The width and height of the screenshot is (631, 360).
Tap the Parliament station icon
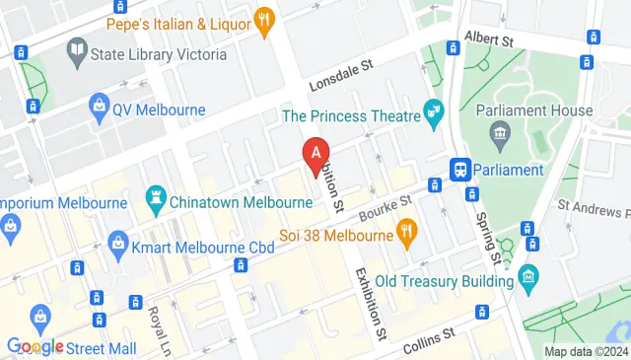(x=459, y=170)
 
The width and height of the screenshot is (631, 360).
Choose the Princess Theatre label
(x=349, y=115)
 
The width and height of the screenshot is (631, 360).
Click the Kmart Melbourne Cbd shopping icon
(x=118, y=242)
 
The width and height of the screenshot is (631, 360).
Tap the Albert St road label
(x=493, y=41)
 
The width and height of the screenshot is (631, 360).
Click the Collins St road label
(x=428, y=341)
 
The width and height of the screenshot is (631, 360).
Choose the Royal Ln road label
(x=159, y=329)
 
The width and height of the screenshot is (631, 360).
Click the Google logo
(x=35, y=346)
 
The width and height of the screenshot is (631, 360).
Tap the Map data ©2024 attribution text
(x=586, y=351)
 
